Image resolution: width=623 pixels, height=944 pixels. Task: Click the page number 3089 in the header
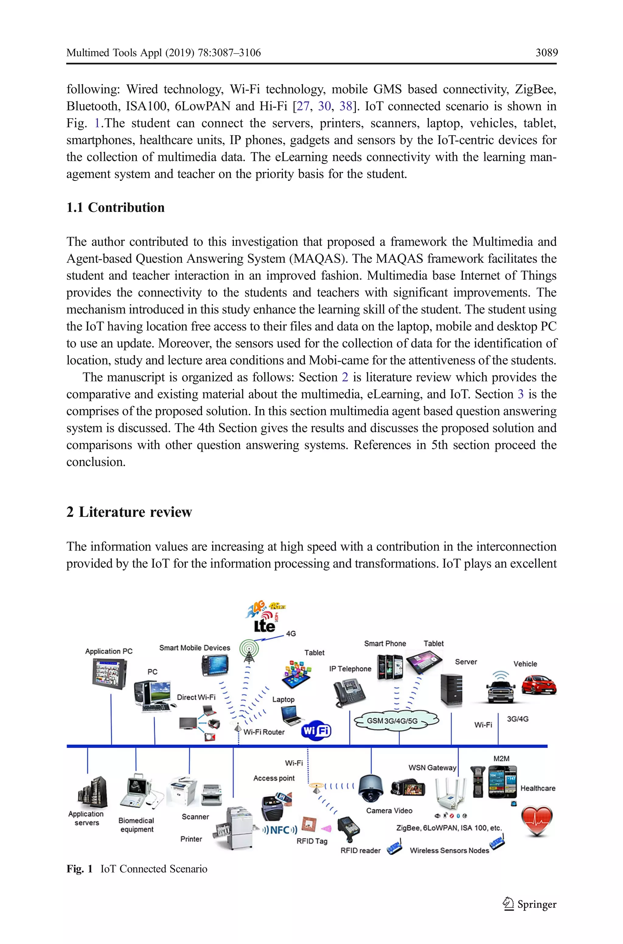(546, 53)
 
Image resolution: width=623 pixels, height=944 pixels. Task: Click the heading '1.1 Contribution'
(115, 207)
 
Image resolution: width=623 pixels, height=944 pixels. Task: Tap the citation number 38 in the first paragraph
(345, 106)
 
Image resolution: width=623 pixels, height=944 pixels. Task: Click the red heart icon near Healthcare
(536, 821)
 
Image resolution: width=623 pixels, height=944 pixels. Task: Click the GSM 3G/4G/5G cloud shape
(396, 721)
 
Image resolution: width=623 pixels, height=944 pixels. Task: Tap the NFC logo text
(280, 829)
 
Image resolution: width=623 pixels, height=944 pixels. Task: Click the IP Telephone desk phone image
(348, 692)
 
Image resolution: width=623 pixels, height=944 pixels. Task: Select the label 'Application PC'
(109, 651)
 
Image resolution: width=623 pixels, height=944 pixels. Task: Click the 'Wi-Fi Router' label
(264, 732)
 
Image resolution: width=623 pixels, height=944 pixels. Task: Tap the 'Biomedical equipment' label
(136, 825)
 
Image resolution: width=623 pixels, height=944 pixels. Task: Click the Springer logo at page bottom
(530, 904)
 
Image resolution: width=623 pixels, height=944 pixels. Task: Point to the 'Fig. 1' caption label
(79, 869)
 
